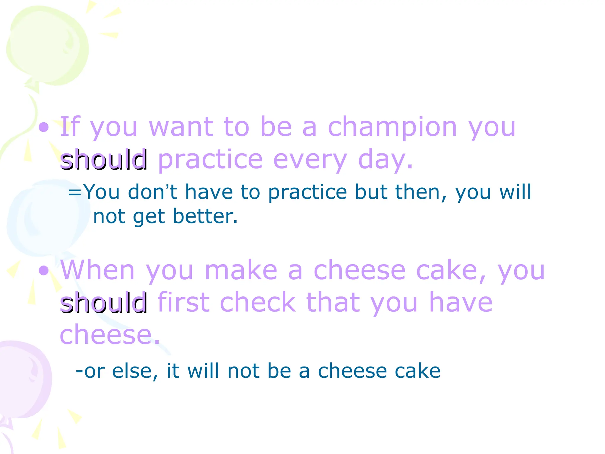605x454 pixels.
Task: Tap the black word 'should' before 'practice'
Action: coord(104,160)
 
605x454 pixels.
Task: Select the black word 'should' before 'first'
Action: coord(104,303)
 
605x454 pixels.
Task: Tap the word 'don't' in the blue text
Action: coord(152,192)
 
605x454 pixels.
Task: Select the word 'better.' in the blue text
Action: coord(205,216)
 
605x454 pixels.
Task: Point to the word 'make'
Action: coord(241,270)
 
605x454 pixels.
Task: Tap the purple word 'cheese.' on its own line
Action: coord(110,335)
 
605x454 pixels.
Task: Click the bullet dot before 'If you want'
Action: coord(44,127)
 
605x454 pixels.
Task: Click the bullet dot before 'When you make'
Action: coord(44,270)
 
